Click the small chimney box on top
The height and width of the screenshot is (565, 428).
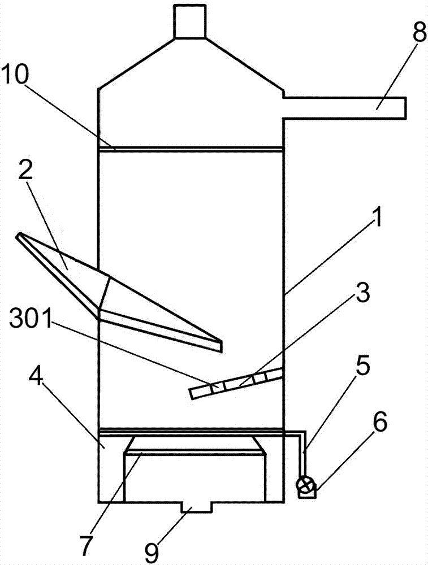coord(189,21)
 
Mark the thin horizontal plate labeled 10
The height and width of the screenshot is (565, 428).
coord(190,149)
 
